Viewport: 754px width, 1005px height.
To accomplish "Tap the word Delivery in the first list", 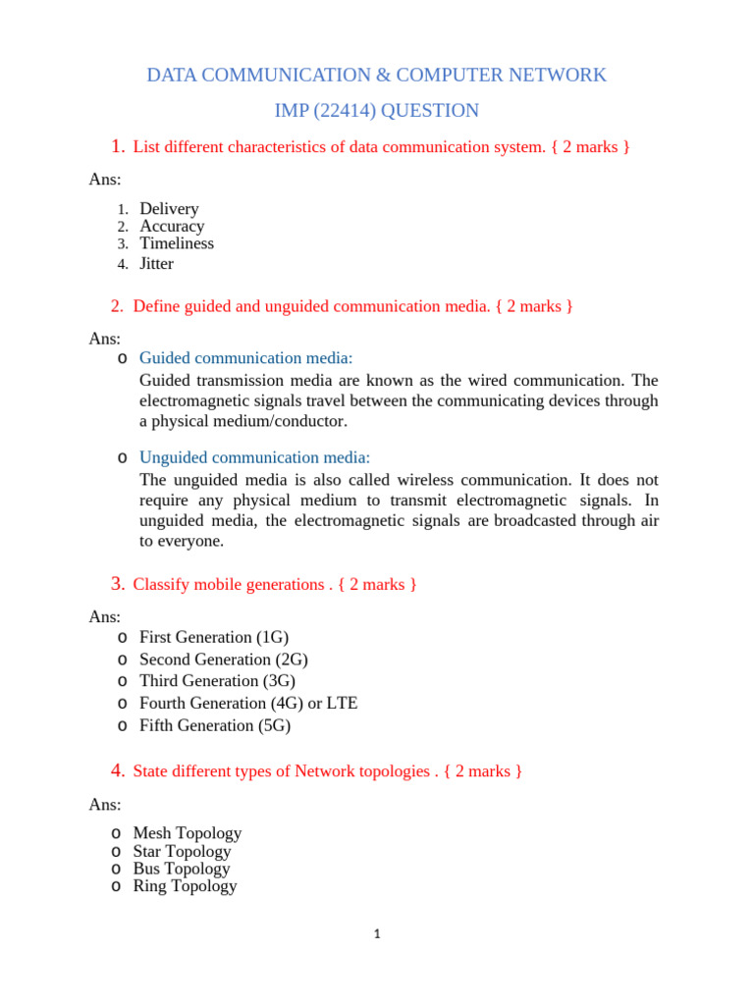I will (x=169, y=209).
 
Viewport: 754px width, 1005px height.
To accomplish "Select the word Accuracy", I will (x=172, y=227).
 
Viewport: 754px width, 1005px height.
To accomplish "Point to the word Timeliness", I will (x=176, y=243).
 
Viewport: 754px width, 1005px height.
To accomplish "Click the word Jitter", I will (x=156, y=263).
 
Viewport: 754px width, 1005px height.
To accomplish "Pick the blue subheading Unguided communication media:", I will (x=254, y=457).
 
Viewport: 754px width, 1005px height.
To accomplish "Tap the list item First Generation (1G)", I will (x=214, y=637).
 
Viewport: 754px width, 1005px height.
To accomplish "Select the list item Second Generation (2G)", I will (x=223, y=660).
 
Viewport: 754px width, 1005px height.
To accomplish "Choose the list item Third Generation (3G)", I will (x=217, y=681).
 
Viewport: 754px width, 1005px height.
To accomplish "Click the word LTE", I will (x=343, y=704).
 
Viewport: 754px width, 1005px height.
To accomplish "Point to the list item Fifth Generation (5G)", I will (x=215, y=726).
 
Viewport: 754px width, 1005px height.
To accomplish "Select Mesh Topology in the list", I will (x=187, y=833).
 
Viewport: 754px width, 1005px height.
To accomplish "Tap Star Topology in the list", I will (x=182, y=851).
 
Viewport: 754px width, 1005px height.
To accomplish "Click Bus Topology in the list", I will (x=181, y=869).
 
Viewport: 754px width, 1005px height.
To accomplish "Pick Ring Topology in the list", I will (x=185, y=886).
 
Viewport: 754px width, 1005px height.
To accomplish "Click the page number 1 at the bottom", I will (x=376, y=934).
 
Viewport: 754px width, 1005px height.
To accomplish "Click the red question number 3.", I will (x=117, y=585).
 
